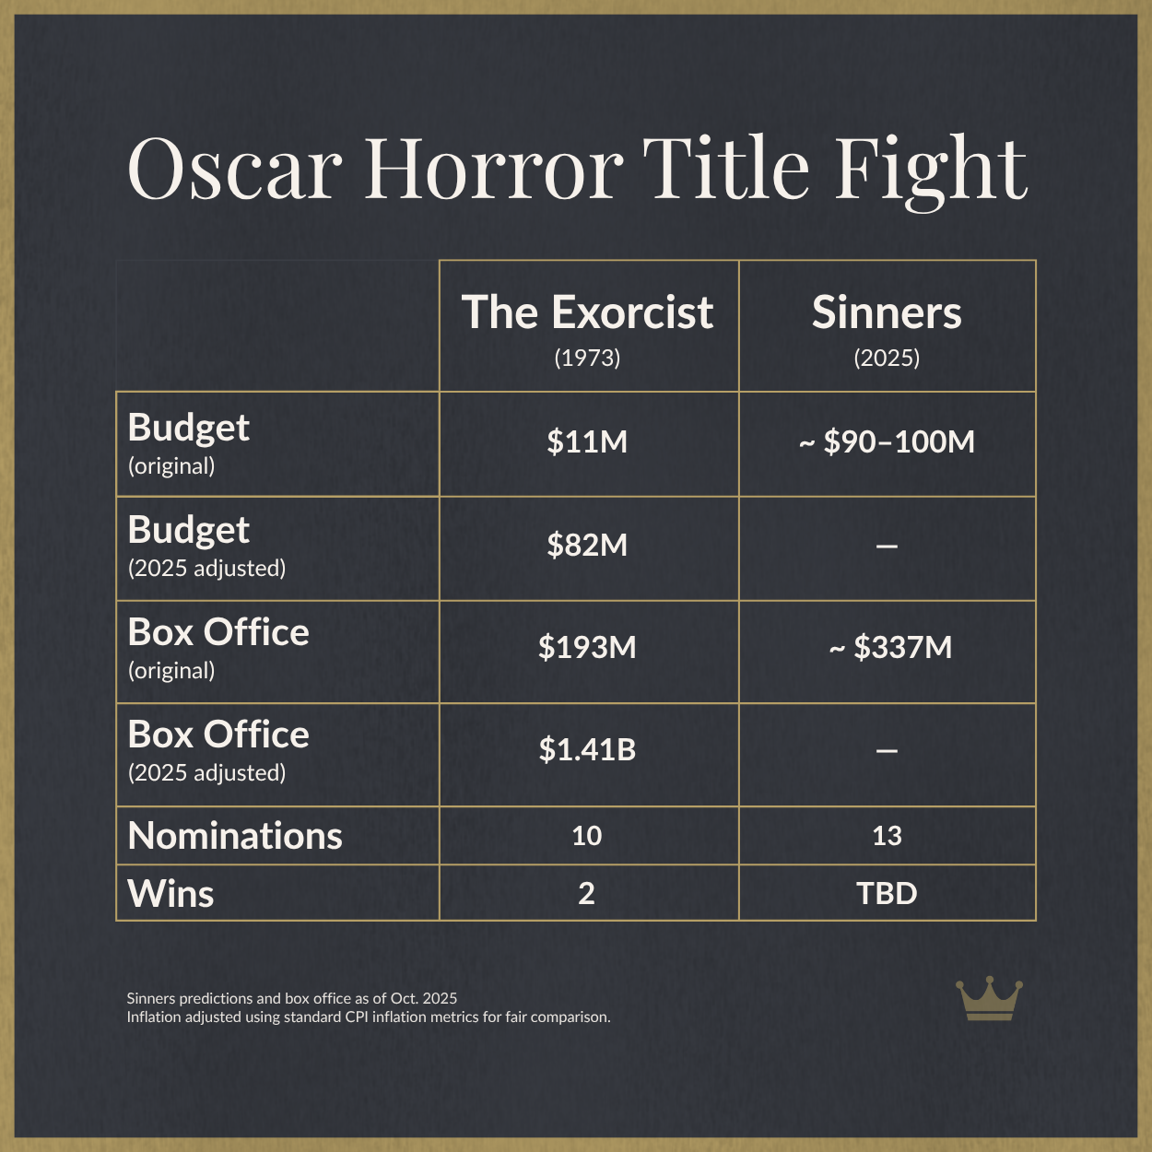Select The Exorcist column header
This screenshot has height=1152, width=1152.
pos(587,313)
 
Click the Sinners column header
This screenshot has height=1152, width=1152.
pos(887,313)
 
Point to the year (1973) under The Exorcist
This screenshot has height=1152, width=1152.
pos(587,358)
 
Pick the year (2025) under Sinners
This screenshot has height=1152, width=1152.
pos(887,358)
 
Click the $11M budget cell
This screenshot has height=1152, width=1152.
pos(587,442)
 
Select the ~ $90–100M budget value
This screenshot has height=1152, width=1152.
pos(887,442)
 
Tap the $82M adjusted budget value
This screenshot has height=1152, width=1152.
pos(587,546)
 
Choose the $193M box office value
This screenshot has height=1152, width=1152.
pos(587,648)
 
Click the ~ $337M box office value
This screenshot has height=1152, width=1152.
pos(890,648)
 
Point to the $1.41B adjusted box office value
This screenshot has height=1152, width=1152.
pos(587,750)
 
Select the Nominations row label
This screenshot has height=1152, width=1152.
pos(235,836)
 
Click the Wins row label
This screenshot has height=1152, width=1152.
pos(170,894)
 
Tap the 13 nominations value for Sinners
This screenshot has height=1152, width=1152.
pos(887,836)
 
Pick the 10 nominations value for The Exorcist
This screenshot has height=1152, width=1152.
pos(587,836)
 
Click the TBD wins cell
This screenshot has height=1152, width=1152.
pos(887,894)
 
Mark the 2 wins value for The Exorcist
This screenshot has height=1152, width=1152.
pos(587,894)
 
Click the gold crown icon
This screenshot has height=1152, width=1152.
pos(989,999)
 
